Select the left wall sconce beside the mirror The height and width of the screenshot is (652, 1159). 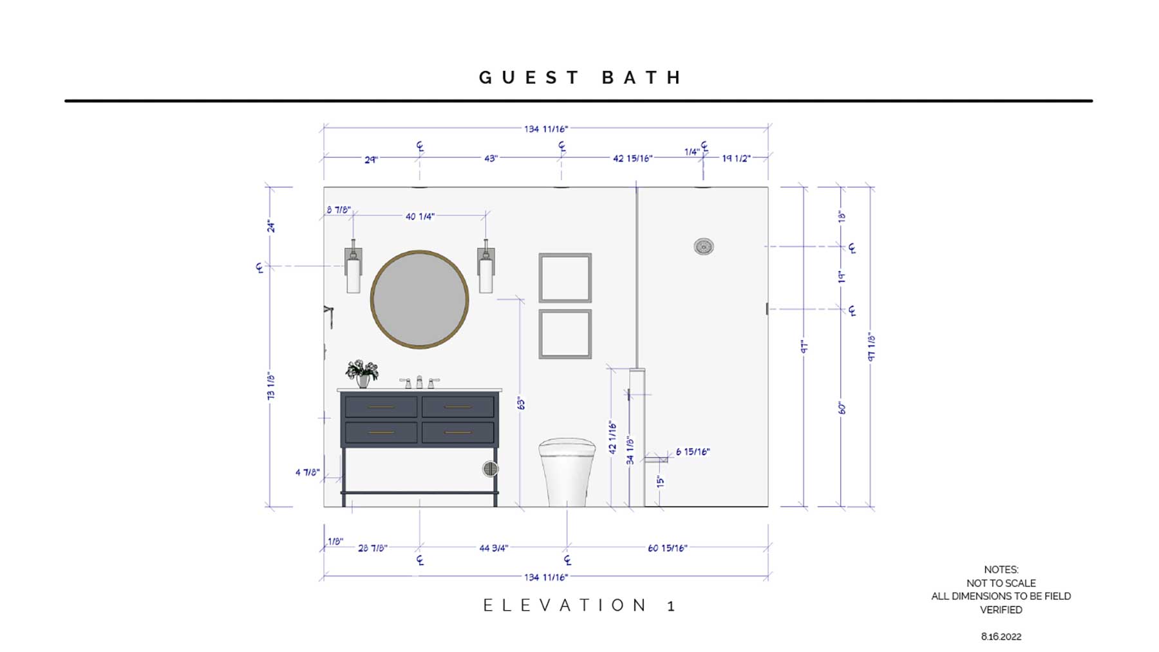click(x=353, y=266)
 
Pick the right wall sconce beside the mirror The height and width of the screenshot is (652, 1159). click(x=486, y=266)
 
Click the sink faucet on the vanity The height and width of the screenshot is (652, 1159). click(x=419, y=382)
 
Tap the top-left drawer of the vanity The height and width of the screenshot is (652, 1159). click(x=381, y=407)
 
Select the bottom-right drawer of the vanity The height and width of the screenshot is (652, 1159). click(x=458, y=433)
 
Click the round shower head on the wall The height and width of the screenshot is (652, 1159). click(x=704, y=247)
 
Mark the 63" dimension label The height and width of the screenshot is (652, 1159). click(x=521, y=404)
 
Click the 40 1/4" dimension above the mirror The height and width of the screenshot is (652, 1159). click(x=420, y=216)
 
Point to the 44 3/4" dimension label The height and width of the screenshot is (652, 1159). click(x=494, y=548)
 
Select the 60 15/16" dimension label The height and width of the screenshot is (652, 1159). click(x=668, y=548)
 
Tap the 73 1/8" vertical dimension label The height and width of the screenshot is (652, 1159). click(x=271, y=386)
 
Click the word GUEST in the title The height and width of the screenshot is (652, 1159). click(x=529, y=78)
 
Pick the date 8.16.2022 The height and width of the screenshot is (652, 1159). click(x=1001, y=637)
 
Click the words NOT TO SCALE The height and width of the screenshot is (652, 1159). click(x=1001, y=583)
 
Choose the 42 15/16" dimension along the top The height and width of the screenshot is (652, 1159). click(x=633, y=158)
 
